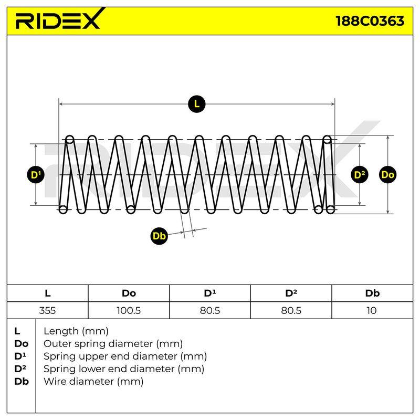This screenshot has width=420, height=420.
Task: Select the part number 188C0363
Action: [x=370, y=21]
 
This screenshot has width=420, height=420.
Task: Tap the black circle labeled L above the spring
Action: [x=196, y=104]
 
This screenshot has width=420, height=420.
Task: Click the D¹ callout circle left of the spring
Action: [x=36, y=175]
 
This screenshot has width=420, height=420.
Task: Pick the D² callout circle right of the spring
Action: [x=360, y=175]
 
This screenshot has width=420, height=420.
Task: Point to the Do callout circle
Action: [x=387, y=175]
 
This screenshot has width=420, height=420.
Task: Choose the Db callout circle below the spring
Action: [x=159, y=236]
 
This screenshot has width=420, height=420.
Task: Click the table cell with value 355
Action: [x=47, y=310]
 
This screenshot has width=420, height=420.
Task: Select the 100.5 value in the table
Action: [x=129, y=310]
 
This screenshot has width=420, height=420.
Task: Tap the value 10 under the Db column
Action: [x=372, y=310]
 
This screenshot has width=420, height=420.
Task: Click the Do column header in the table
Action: [x=129, y=293]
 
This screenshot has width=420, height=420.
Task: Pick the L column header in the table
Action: [x=48, y=293]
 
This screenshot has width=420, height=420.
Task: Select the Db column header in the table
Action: [x=372, y=293]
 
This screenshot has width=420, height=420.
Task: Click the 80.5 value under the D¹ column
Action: [x=209, y=310]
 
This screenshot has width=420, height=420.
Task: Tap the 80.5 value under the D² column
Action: [x=291, y=310]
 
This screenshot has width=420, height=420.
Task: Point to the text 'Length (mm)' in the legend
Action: [x=76, y=331]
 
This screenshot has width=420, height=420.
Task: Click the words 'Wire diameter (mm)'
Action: [x=93, y=382]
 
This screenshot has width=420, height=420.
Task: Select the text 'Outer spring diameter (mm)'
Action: [x=113, y=344]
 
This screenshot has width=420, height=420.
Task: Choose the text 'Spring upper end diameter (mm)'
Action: [x=125, y=356]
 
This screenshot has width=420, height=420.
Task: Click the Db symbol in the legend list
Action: [x=22, y=382]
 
